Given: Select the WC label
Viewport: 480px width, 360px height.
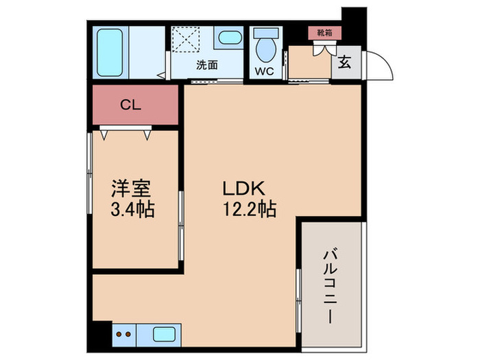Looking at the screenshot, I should click(x=264, y=71).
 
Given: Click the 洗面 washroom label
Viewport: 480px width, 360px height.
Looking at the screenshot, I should click(x=206, y=66).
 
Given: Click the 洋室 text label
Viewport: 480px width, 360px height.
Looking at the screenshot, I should click(x=132, y=187).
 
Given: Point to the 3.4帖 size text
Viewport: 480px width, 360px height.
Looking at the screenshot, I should click(x=132, y=208).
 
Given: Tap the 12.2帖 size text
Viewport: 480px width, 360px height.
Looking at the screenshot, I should click(x=248, y=208).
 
